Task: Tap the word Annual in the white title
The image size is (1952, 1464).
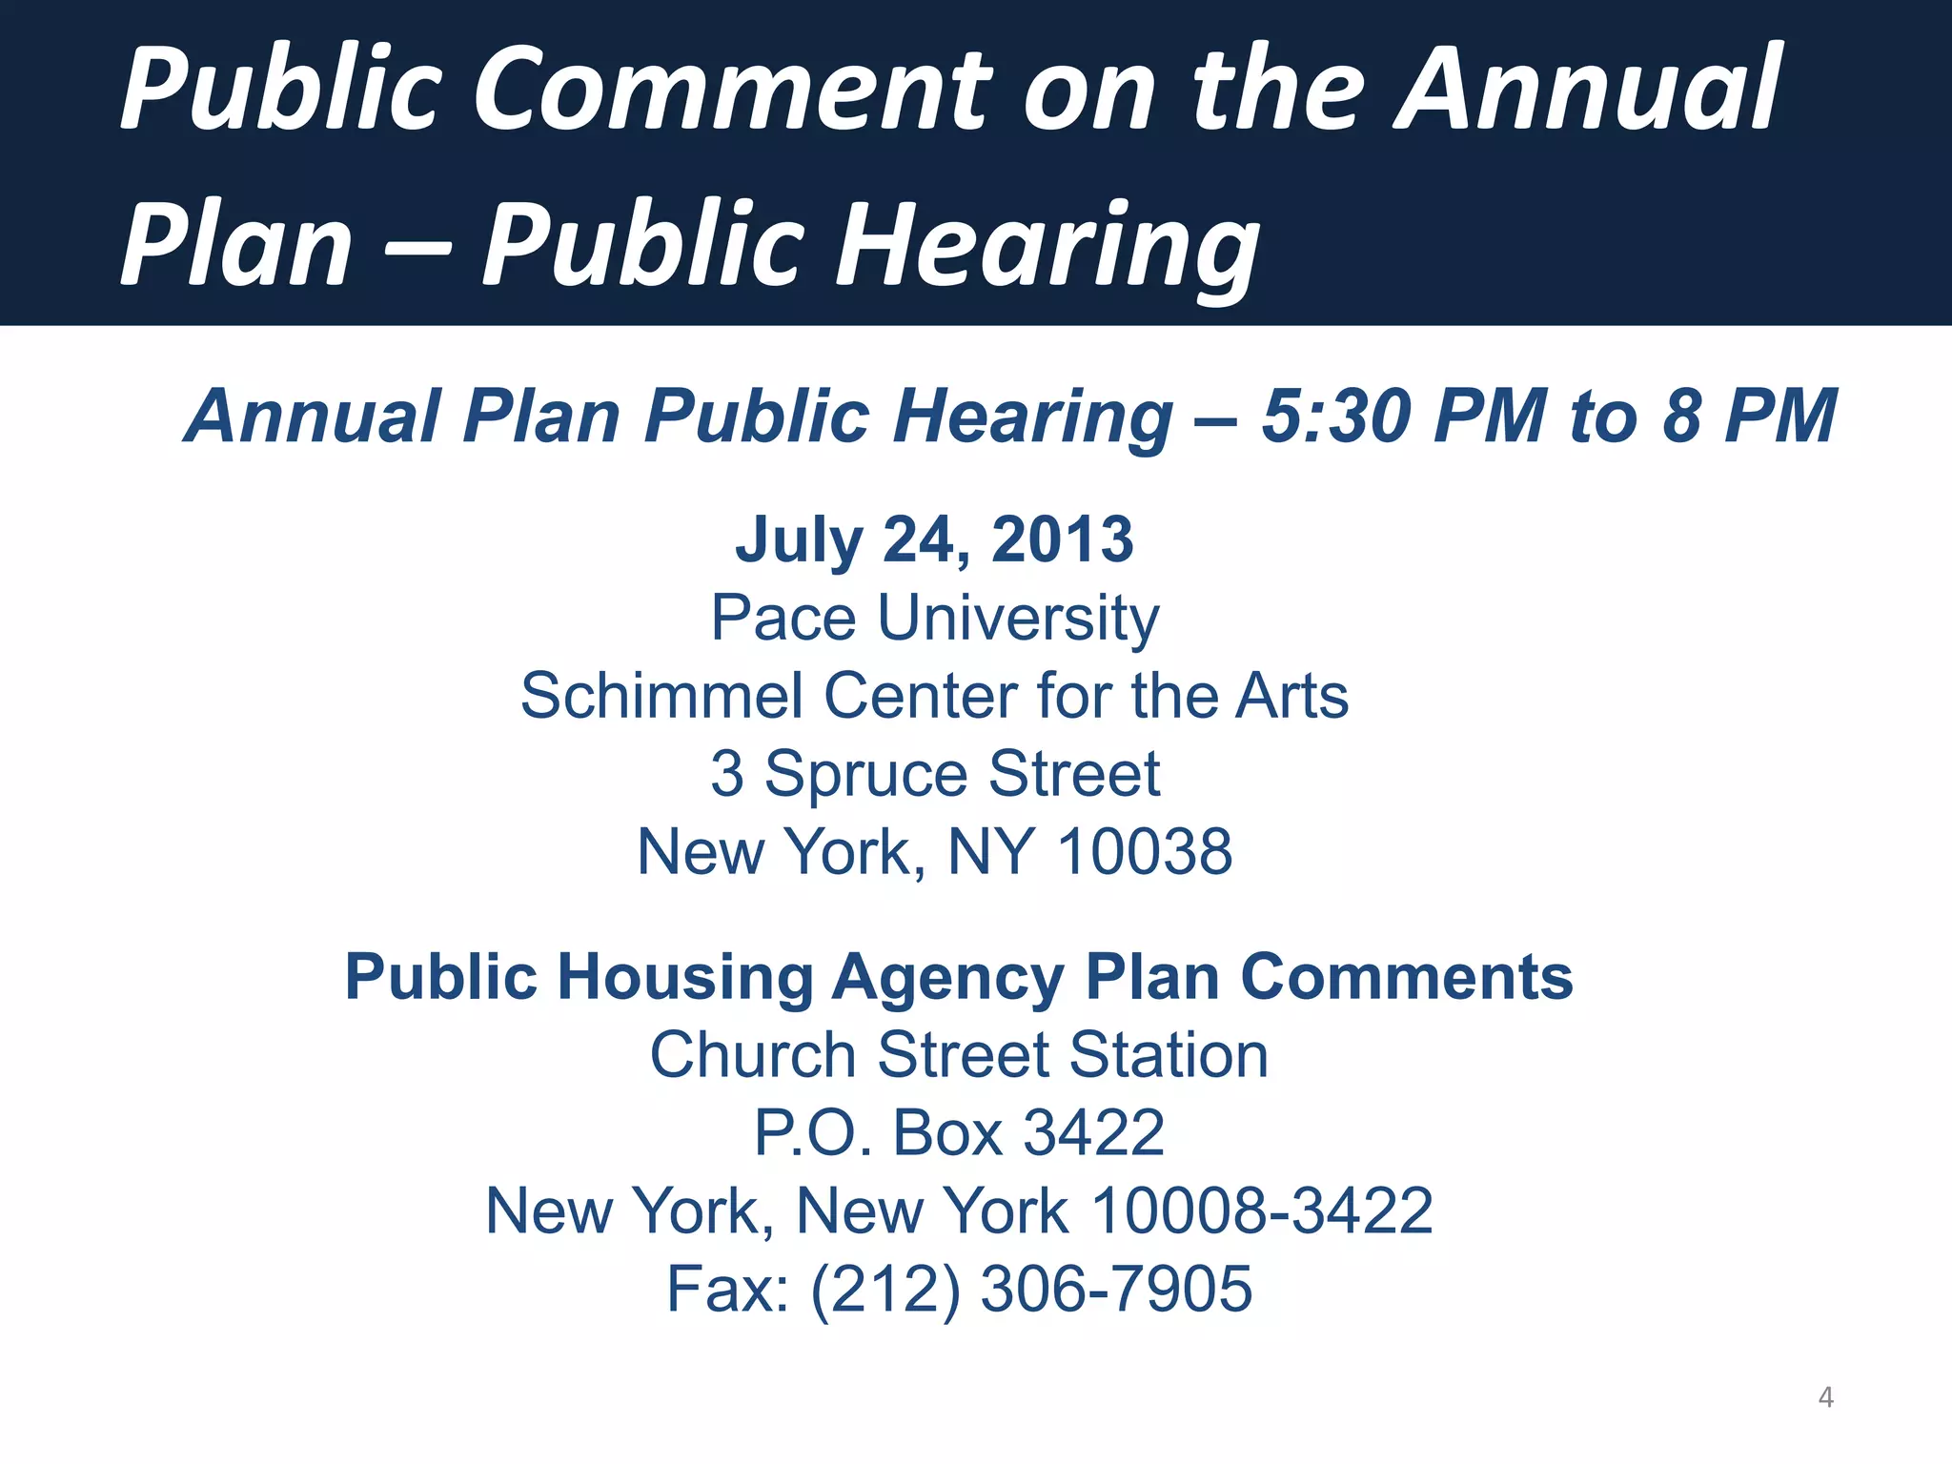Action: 1587,90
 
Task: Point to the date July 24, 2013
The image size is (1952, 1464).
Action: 934,539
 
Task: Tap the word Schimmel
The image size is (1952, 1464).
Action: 661,696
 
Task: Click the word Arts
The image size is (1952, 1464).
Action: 1291,696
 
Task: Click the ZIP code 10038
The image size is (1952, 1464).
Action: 1145,851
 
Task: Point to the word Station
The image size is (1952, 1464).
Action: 1169,1055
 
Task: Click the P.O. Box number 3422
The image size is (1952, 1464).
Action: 1093,1133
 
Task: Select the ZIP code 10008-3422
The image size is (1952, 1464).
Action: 1261,1211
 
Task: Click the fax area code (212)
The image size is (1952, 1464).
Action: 885,1290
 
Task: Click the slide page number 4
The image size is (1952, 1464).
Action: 1825,1397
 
